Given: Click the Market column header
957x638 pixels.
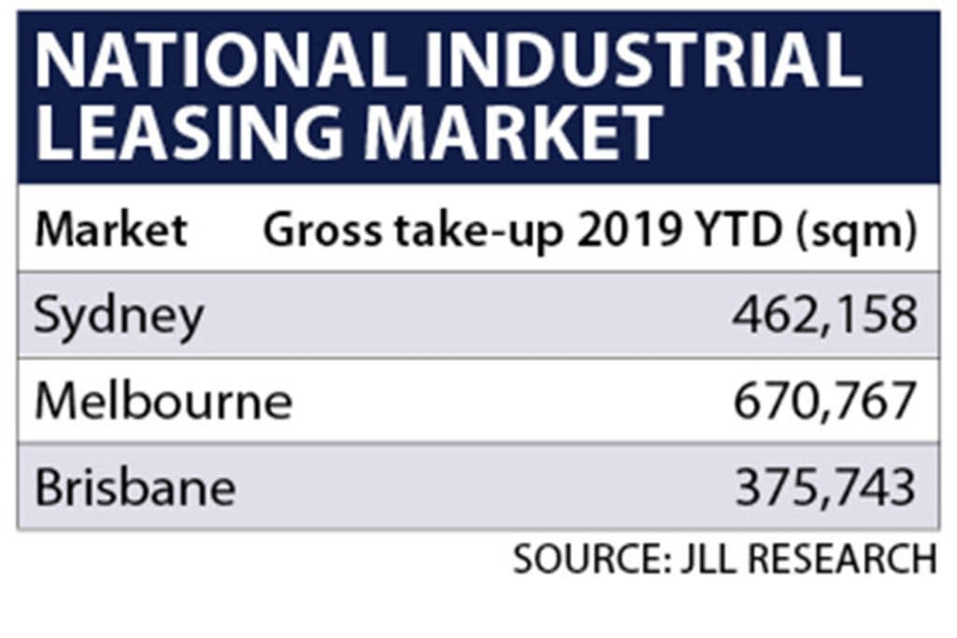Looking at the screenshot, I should click(x=111, y=230).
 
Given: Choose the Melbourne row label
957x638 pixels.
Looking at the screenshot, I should click(x=164, y=402).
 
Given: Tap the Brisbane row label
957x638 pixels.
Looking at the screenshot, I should click(x=136, y=487).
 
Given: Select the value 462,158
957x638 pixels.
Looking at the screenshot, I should click(x=822, y=317).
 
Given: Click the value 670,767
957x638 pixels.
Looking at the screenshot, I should click(x=822, y=402).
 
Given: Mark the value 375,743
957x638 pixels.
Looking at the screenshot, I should click(x=822, y=487).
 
